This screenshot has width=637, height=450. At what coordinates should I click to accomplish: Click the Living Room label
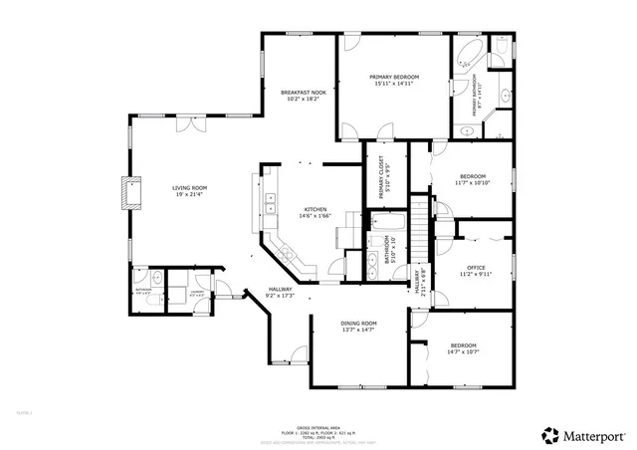(189, 187)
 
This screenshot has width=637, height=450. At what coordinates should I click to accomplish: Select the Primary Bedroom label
(394, 77)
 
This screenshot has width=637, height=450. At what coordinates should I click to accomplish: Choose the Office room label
(476, 269)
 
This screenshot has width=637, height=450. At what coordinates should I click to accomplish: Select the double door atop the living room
(185, 124)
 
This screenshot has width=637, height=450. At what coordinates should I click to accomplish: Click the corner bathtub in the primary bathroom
(469, 55)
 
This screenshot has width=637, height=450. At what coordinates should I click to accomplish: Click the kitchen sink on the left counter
(270, 204)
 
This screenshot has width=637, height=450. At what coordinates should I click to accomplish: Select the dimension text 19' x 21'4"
(189, 194)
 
